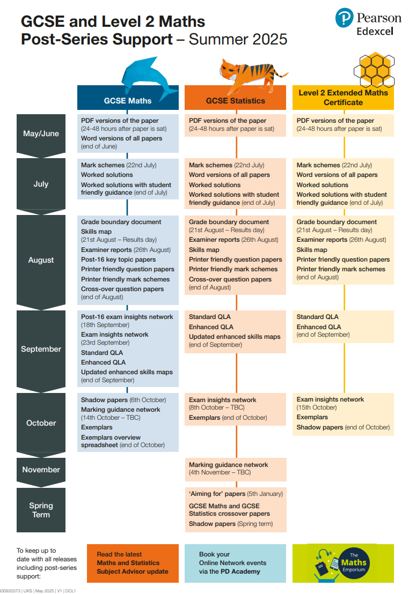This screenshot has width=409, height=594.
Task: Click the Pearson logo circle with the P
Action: coord(345,18)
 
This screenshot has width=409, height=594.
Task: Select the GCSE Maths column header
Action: coord(128,100)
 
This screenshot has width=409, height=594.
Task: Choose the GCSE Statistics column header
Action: coord(236,100)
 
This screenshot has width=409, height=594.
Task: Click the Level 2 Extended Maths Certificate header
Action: coord(343,97)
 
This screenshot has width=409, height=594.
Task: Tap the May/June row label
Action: coord(41,133)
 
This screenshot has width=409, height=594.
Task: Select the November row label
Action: coord(41,470)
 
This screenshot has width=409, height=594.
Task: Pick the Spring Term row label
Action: coord(41,510)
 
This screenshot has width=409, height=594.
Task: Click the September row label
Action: coord(41,349)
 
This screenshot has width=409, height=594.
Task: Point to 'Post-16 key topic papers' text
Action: coord(119,259)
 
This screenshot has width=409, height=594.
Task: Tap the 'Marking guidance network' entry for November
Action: coord(229,465)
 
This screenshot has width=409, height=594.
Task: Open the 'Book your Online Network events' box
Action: coord(235,563)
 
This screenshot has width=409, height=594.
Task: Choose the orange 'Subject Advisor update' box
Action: coord(133,563)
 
